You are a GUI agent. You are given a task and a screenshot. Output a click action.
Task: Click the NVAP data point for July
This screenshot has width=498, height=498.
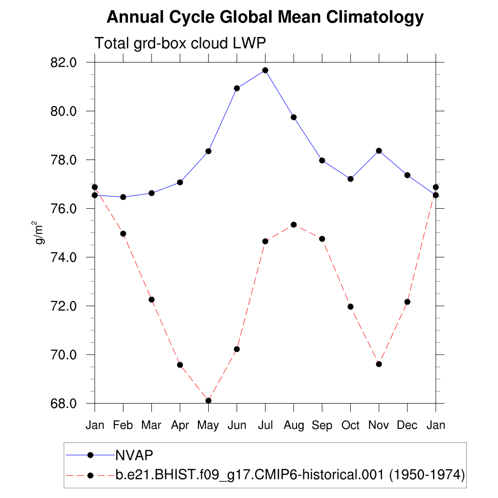click(265, 70)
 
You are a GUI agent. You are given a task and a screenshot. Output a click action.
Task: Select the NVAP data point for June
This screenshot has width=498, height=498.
click(237, 88)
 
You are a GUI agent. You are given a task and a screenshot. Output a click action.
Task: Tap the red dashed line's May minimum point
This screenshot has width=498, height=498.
click(208, 400)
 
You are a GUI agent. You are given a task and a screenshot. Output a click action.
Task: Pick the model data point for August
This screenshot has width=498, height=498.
click(294, 224)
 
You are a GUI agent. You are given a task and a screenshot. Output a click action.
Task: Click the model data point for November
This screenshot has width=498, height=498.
click(379, 364)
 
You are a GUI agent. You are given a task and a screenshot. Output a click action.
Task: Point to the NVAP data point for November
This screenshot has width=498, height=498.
click(379, 151)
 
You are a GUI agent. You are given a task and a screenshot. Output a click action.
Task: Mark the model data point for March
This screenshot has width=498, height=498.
click(151, 299)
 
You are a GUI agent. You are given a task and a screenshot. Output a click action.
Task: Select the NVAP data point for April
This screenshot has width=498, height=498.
click(180, 182)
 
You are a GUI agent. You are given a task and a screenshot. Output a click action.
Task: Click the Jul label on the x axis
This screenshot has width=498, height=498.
click(265, 425)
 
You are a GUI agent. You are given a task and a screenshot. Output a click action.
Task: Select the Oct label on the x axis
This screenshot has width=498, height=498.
click(350, 425)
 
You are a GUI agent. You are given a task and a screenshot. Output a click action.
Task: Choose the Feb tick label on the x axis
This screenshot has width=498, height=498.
click(123, 425)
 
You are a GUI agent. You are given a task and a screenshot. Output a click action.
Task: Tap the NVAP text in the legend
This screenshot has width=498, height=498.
click(134, 455)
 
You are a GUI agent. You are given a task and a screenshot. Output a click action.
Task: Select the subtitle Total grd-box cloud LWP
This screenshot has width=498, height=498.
click(180, 43)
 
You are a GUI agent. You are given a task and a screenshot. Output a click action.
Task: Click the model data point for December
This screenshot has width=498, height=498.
click(407, 302)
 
